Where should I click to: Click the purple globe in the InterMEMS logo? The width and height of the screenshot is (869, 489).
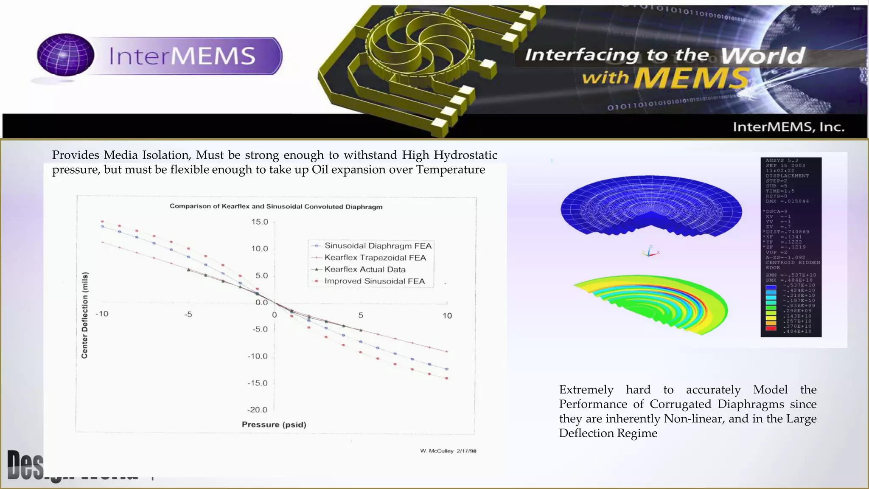coord(65,55)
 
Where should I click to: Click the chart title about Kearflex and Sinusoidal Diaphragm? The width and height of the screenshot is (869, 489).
coord(276,206)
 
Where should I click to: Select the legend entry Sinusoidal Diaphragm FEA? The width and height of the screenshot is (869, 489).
coord(378,246)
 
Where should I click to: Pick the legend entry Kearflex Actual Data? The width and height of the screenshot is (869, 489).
coord(365,270)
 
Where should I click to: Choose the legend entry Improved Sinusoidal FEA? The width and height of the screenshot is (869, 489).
coord(374,281)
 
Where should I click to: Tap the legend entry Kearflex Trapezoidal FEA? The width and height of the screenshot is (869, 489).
coord(375,258)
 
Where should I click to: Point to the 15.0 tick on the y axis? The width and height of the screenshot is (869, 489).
coord(260,222)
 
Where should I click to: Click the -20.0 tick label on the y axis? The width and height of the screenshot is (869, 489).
coord(257,410)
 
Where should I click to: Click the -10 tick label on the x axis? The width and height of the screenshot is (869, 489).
coord(102,314)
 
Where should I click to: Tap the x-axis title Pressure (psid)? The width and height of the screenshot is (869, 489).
coord(274,424)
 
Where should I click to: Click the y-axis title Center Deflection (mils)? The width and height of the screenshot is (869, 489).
coord(85,315)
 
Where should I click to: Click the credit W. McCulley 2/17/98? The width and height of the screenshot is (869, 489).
coord(448,451)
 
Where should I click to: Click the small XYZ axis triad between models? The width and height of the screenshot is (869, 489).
coord(650,252)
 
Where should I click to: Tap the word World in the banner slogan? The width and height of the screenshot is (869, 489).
coord(762,56)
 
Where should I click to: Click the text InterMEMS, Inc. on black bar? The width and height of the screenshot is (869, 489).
coord(788,127)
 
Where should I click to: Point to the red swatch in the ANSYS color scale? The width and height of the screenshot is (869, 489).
coord(771,328)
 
